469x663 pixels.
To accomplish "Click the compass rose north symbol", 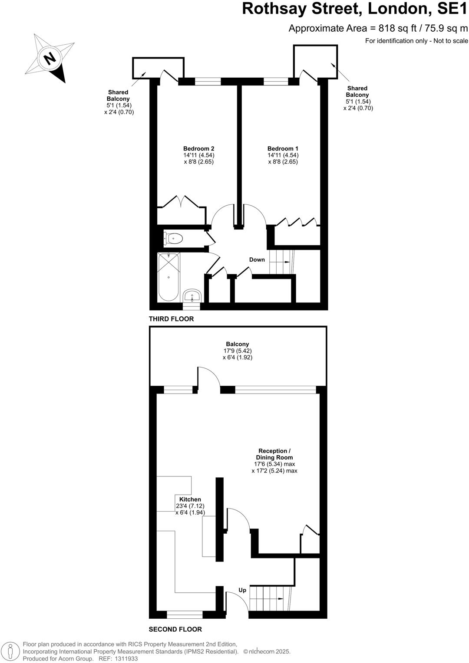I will (50, 58).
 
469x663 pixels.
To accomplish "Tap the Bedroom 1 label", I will (283, 148).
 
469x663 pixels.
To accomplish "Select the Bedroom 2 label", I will (198, 148).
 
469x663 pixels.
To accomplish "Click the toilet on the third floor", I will (174, 238).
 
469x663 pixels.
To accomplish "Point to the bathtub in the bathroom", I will (168, 276).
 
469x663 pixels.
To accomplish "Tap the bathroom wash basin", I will (192, 296).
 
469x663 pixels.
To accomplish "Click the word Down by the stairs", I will (257, 259).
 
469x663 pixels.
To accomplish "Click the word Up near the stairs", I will (242, 590).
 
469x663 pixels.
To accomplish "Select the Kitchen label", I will (190, 499).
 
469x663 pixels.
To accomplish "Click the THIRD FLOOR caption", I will (171, 319).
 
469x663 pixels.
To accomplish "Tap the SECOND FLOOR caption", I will (175, 629).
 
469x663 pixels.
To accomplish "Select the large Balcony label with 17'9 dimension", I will (237, 344).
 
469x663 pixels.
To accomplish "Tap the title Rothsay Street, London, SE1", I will (355, 9).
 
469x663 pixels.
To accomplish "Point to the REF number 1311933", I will (125, 659).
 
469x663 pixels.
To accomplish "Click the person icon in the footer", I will (12, 651).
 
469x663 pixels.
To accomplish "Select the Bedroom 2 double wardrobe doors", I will (182, 202).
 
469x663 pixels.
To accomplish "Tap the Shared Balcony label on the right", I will (357, 92).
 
